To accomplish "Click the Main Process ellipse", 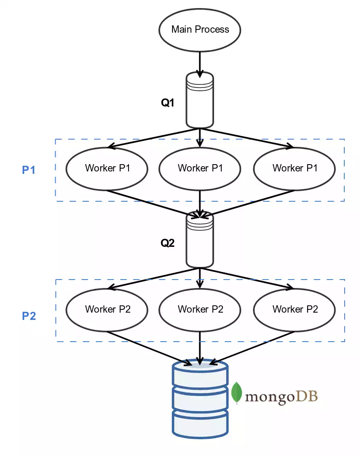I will tap(200, 30).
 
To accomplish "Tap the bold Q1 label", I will tap(168, 103).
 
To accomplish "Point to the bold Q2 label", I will tap(168, 243).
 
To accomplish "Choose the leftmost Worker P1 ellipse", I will tap(107, 168).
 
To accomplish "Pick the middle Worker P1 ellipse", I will tap(200, 168).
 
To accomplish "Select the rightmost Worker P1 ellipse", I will tap(294, 168).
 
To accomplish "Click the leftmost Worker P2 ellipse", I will tap(107, 309).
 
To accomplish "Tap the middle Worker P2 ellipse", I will tap(200, 309).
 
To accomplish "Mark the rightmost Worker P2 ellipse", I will tap(294, 309).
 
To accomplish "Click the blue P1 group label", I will tap(29, 170).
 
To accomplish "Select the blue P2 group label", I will tap(29, 316).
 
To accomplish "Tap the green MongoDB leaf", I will tap(237, 393).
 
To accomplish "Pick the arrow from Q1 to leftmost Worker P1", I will tap(153, 138).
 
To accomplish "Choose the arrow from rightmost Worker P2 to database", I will tap(254, 346).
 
